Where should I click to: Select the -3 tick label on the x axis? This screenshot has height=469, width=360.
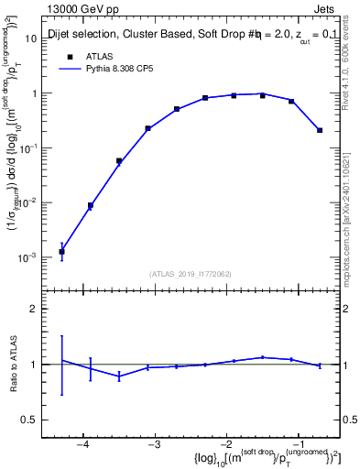(154, 444)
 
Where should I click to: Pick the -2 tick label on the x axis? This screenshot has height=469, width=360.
(226, 444)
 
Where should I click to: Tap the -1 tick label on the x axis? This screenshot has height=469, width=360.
(299, 444)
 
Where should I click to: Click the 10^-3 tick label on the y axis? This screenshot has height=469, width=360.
(36, 258)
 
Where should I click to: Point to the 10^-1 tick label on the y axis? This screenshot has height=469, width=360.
(36, 148)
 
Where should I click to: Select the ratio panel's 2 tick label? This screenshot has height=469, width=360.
(40, 309)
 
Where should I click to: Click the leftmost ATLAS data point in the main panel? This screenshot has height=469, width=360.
(61, 251)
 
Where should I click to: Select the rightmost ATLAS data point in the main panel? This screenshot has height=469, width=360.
(320, 130)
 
